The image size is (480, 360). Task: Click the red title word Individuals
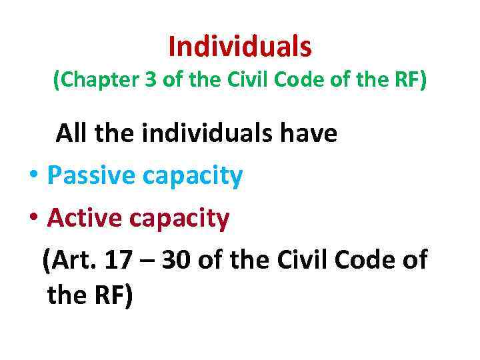tap(240, 47)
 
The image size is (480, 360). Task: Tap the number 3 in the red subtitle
tap(142, 81)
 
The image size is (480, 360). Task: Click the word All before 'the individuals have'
tap(73, 133)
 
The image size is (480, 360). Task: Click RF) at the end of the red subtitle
tap(409, 81)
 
